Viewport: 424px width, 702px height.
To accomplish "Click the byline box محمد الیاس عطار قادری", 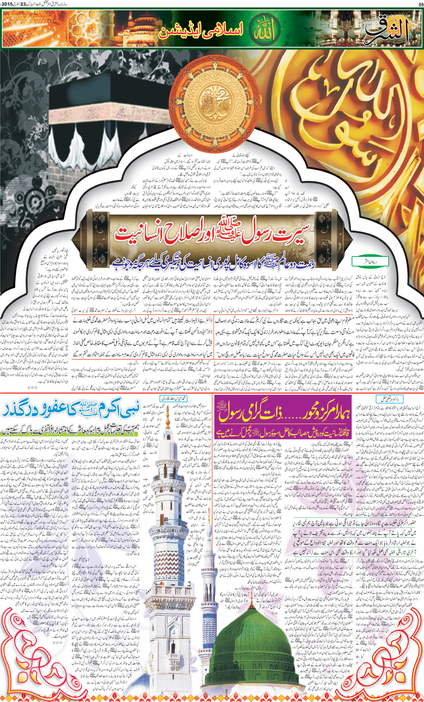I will point(174,398).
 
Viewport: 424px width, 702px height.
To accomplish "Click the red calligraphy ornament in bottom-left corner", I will point(30,660).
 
